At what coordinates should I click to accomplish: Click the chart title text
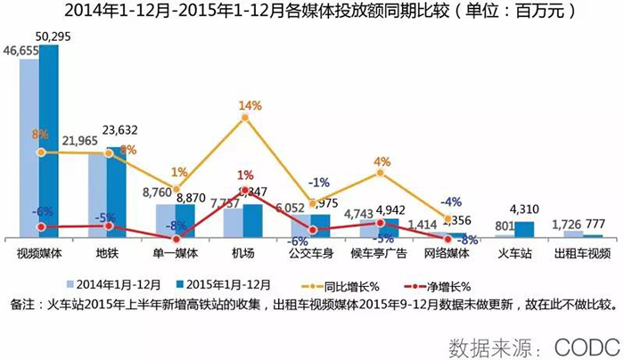click(x=312, y=12)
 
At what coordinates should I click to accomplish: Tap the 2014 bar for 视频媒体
click(x=30, y=147)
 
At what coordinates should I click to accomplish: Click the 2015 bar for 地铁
click(x=116, y=192)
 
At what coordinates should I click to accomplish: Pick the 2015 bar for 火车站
click(x=524, y=229)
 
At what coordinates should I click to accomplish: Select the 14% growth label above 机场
click(x=250, y=106)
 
